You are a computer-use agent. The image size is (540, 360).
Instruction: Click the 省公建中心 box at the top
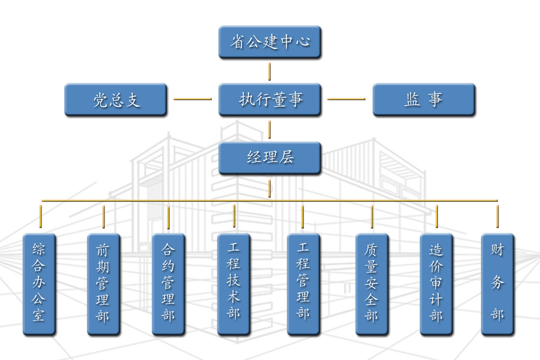269,42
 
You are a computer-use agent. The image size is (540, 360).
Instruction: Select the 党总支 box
115,100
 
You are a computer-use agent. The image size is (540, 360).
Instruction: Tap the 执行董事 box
269,100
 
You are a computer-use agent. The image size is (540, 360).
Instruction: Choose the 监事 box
424,100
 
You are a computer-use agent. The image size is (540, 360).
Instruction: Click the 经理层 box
269,158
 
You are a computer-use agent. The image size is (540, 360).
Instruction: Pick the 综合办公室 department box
39,284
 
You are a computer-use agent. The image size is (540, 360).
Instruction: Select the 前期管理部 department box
103,284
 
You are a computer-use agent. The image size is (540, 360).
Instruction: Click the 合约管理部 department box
168,284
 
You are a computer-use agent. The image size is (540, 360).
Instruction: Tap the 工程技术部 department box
233,284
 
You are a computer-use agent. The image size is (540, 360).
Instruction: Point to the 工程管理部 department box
303,284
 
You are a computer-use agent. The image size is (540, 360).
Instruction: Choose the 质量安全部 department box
371,284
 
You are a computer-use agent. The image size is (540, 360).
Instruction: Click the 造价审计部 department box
436,284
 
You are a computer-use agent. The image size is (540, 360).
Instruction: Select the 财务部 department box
497,284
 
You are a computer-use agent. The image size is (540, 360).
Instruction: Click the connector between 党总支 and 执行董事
193,99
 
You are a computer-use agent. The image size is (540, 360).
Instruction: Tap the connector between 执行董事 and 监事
346,99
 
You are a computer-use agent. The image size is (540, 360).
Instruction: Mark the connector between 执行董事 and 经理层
269,129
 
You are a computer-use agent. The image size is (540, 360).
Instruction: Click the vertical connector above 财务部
497,217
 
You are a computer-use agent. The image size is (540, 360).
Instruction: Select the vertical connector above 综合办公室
40,217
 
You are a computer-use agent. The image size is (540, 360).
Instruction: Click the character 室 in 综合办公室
39,316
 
